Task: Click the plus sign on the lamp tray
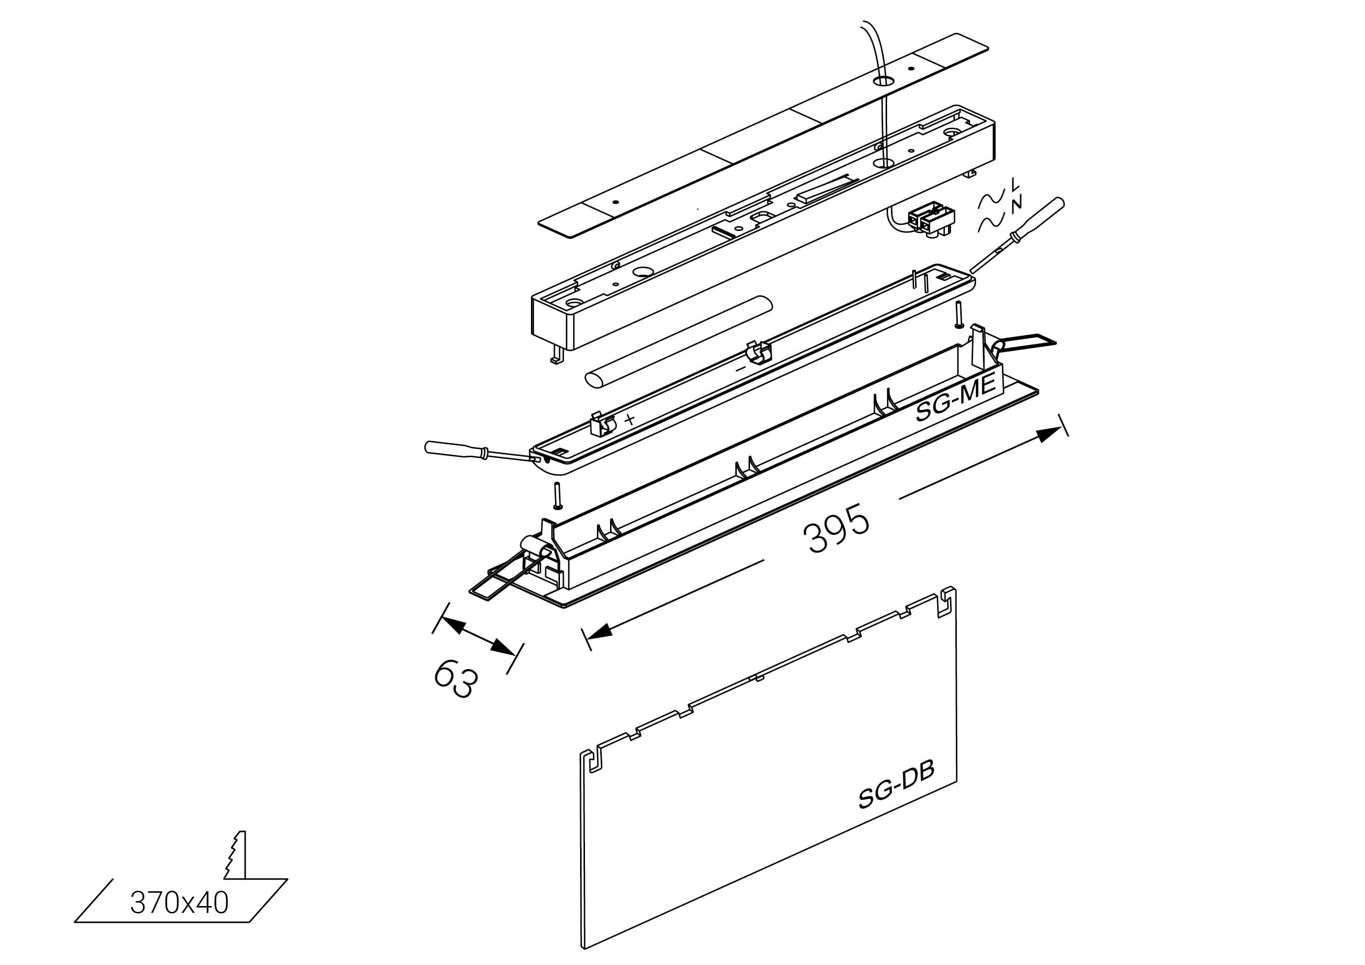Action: [x=630, y=419]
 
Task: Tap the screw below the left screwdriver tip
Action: [x=557, y=496]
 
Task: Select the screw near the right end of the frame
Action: [x=959, y=315]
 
